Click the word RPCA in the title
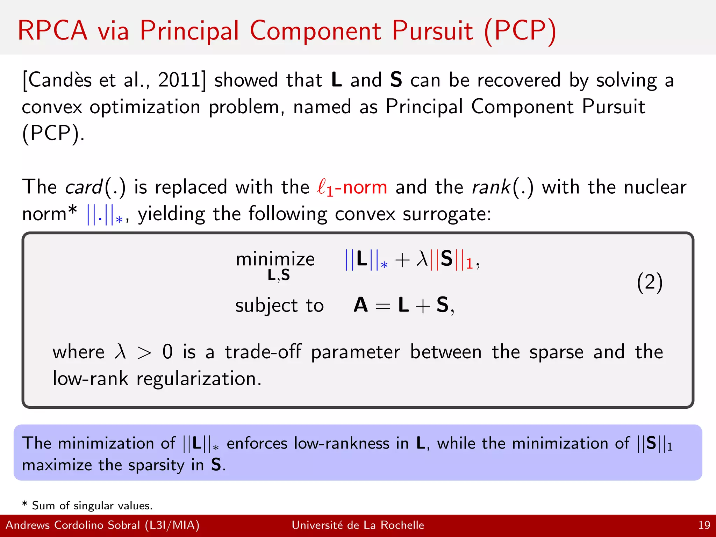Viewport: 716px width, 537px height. pos(52,31)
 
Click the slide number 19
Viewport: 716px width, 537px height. pos(704,525)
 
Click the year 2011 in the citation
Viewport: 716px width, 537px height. pos(179,80)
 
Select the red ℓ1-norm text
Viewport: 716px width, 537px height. pos(352,187)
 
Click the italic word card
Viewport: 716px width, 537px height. pos(84,187)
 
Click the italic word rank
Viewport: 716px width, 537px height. pos(491,187)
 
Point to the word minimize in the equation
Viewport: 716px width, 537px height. pos(275,259)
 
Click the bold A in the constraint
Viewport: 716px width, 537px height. pos(361,305)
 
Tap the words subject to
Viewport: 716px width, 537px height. pos(279,306)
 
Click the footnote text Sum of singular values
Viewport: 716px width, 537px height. pos(92,506)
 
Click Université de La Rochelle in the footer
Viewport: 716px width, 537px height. pos(358,525)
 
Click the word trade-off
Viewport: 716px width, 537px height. pos(263,352)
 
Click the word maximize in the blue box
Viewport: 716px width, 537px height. pos(57,465)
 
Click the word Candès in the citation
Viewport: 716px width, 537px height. pos(59,80)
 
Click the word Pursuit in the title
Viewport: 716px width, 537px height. pos(432,31)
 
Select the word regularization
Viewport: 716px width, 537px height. pos(199,379)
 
